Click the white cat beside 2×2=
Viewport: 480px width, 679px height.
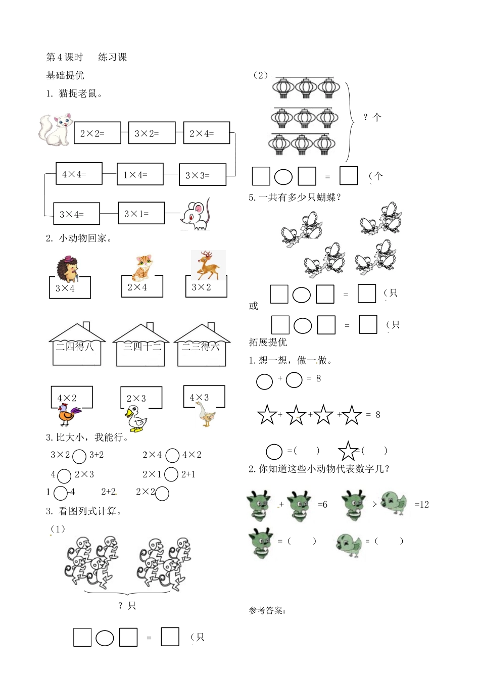(x=55, y=130)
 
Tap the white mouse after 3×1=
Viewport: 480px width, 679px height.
(x=196, y=215)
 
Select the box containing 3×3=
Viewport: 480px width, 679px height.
(x=202, y=175)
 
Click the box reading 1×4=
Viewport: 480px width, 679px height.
(x=140, y=174)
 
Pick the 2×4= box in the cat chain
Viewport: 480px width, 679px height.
(x=206, y=133)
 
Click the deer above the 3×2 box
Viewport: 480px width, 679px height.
(x=207, y=266)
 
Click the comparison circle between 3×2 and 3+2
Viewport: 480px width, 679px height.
(x=79, y=456)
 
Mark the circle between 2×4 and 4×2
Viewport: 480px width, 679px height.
(x=172, y=456)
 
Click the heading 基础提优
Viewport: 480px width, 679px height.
(x=65, y=76)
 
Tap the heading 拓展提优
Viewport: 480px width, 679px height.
(x=268, y=342)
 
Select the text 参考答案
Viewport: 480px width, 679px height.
(x=267, y=610)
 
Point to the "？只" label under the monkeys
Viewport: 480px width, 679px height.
(x=127, y=606)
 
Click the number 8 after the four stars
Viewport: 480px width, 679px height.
(x=377, y=415)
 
